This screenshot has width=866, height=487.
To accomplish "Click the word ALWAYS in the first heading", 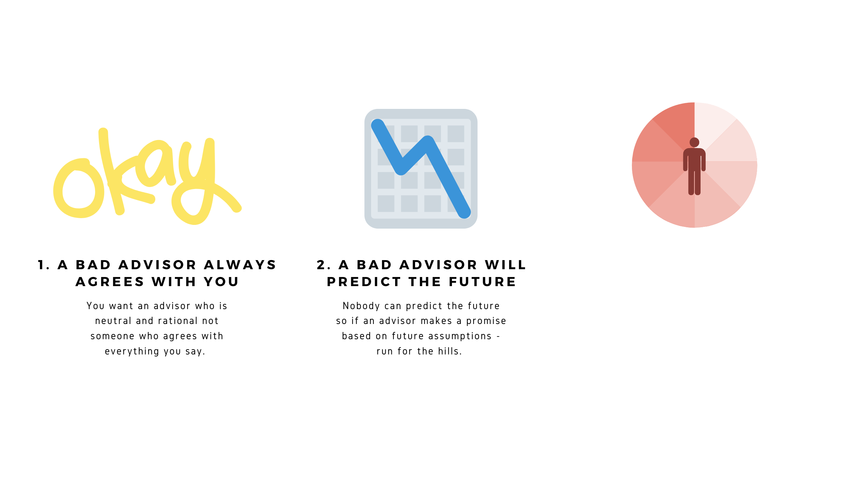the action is point(240,265).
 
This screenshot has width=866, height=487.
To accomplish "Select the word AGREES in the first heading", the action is point(110,282).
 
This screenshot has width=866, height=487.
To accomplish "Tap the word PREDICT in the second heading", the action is point(364,282).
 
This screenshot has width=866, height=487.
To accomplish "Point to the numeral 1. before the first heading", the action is point(44,265).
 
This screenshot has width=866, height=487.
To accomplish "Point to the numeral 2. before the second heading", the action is point(323,265).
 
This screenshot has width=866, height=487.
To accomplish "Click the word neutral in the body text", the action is point(113,321).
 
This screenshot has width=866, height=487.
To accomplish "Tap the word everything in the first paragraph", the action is point(132,351).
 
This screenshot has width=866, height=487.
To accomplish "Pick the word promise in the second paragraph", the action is point(486,321).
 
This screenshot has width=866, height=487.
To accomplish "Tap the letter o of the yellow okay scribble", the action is point(78,188).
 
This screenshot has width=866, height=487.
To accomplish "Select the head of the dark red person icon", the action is point(694,142).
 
